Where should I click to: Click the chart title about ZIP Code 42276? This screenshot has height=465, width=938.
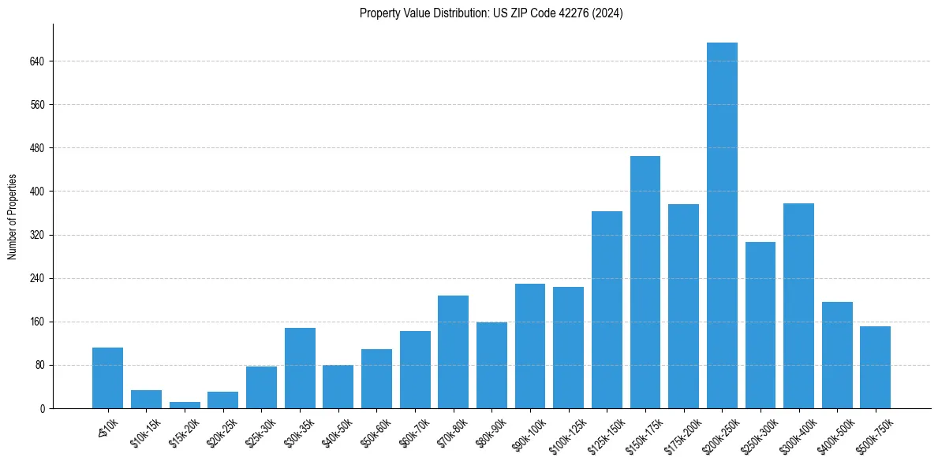pos(491,13)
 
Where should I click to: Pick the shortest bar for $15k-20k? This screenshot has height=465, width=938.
pos(185,405)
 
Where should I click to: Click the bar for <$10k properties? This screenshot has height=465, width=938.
pos(107,378)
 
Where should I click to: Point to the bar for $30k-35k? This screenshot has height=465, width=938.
pos(300,368)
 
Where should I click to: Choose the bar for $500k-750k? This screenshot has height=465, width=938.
pos(875,367)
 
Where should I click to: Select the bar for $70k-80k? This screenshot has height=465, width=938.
pos(453,352)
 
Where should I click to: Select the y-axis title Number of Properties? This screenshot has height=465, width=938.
pos(13,216)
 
